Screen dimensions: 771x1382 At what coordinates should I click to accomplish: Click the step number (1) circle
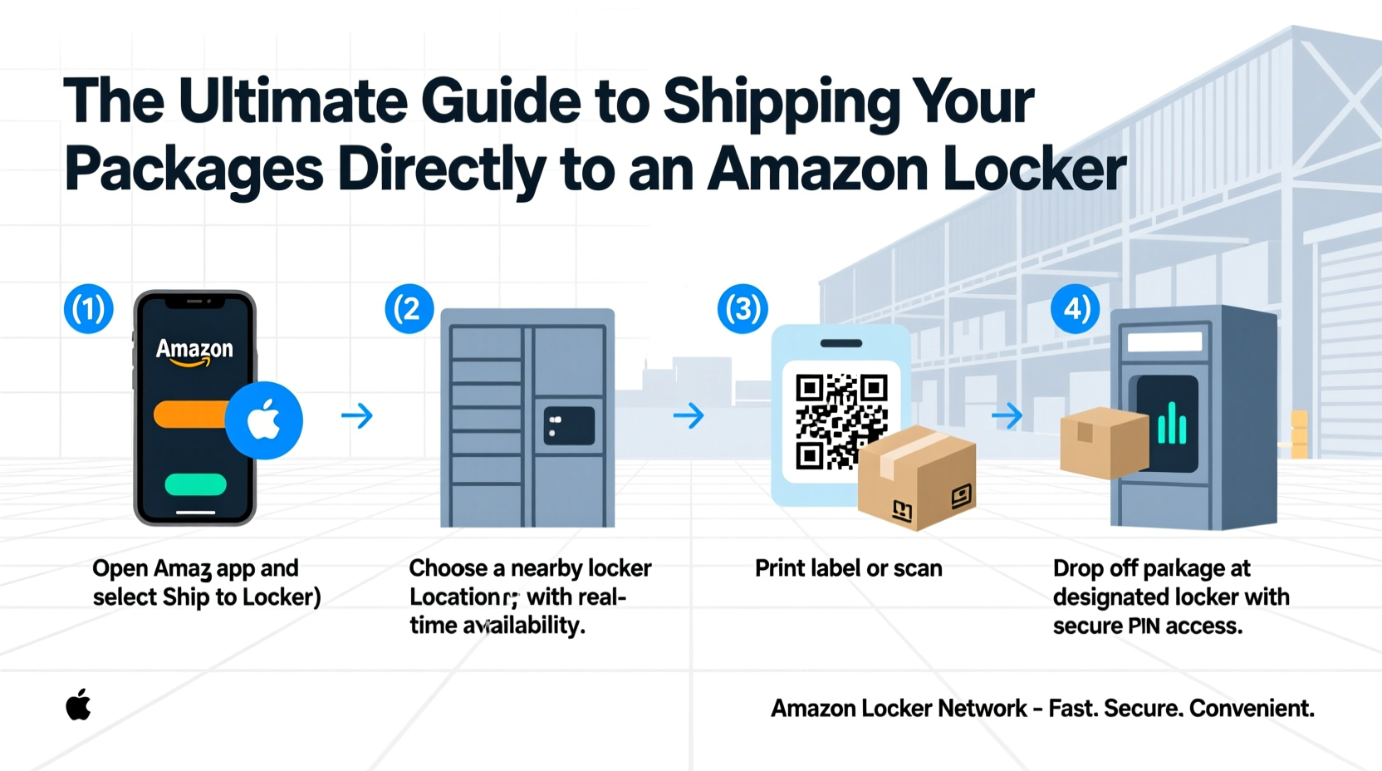88,309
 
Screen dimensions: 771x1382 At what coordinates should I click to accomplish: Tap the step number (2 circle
409,309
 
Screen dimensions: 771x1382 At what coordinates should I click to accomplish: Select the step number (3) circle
742,309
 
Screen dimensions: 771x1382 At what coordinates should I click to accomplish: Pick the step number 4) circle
1075,309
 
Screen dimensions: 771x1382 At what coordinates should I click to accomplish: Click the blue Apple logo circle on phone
264,420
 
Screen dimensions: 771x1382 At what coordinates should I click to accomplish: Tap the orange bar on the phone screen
189,415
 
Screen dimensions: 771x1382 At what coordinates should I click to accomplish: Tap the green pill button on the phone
195,484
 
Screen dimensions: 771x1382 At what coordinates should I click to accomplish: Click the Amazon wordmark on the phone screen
195,350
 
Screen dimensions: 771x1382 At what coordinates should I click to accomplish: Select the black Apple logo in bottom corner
78,705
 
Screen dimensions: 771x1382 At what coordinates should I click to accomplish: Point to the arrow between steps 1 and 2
357,415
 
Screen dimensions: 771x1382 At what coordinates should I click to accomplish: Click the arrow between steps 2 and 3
689,415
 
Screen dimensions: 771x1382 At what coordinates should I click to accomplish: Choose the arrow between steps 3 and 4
1007,415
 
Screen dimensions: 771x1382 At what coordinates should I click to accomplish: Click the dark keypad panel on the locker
569,425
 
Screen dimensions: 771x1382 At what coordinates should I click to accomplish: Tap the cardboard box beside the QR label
917,478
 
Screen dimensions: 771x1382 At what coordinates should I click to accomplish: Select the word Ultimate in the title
292,101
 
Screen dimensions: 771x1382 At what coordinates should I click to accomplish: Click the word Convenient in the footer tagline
1251,709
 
